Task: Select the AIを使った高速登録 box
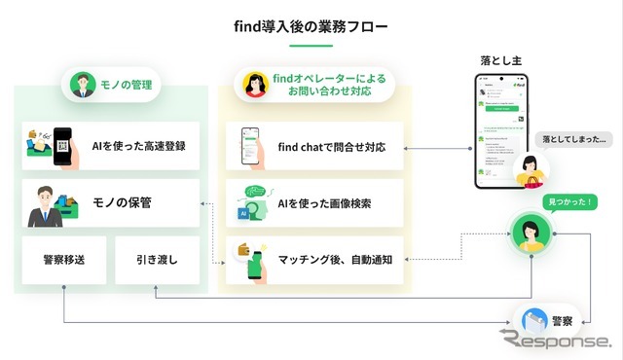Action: (111, 146)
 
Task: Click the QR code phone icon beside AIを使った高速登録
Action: (62, 146)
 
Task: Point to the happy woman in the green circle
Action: (530, 234)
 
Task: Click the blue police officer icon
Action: (533, 319)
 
